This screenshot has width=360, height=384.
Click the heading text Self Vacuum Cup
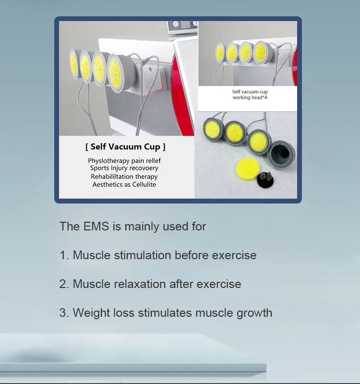(125, 147)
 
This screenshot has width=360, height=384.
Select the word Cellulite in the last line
(144, 184)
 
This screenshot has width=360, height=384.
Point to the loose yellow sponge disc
(248, 169)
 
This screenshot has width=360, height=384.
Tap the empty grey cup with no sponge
(282, 154)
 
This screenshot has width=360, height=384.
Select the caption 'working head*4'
(250, 97)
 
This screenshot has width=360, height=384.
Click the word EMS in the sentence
(96, 226)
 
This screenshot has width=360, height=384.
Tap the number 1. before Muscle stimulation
(64, 255)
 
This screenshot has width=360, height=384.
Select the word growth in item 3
(254, 313)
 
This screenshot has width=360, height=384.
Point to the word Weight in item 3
(91, 313)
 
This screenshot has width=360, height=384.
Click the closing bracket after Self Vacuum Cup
(164, 147)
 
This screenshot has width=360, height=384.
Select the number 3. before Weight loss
(64, 313)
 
